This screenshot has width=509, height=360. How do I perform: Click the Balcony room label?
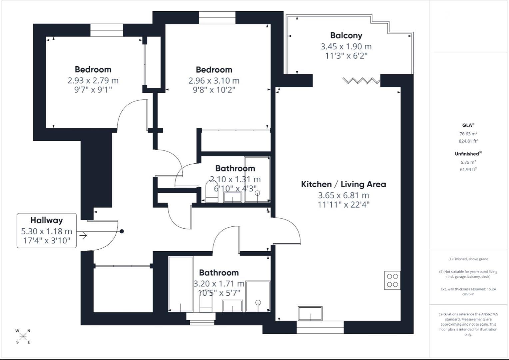[x=346, y=35]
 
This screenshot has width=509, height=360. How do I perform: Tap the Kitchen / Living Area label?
[x=343, y=184]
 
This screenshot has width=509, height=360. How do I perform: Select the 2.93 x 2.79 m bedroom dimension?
[x=93, y=80]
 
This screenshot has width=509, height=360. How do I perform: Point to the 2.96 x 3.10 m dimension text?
[x=214, y=81]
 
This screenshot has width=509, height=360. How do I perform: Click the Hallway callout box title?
[x=47, y=220]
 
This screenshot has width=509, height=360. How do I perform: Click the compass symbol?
[x=23, y=336]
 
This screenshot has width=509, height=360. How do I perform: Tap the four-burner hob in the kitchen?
[x=392, y=280]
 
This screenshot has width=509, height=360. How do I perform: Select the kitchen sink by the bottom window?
[x=310, y=314]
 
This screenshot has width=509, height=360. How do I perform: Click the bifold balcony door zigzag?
[x=361, y=81]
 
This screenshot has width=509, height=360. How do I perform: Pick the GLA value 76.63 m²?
[x=468, y=134]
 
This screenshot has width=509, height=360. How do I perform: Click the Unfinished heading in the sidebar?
[x=467, y=154]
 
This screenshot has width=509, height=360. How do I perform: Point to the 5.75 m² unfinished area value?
[x=468, y=162]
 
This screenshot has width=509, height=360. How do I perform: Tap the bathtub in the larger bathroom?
[x=181, y=284]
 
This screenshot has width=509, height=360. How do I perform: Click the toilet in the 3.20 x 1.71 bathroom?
[x=206, y=303]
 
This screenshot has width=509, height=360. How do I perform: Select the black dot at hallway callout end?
[x=122, y=231]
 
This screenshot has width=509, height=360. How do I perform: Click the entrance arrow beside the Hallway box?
[x=83, y=236]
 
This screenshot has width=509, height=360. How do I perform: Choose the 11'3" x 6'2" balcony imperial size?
[x=346, y=56]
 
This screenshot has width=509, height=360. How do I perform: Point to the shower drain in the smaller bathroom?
[x=257, y=193]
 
